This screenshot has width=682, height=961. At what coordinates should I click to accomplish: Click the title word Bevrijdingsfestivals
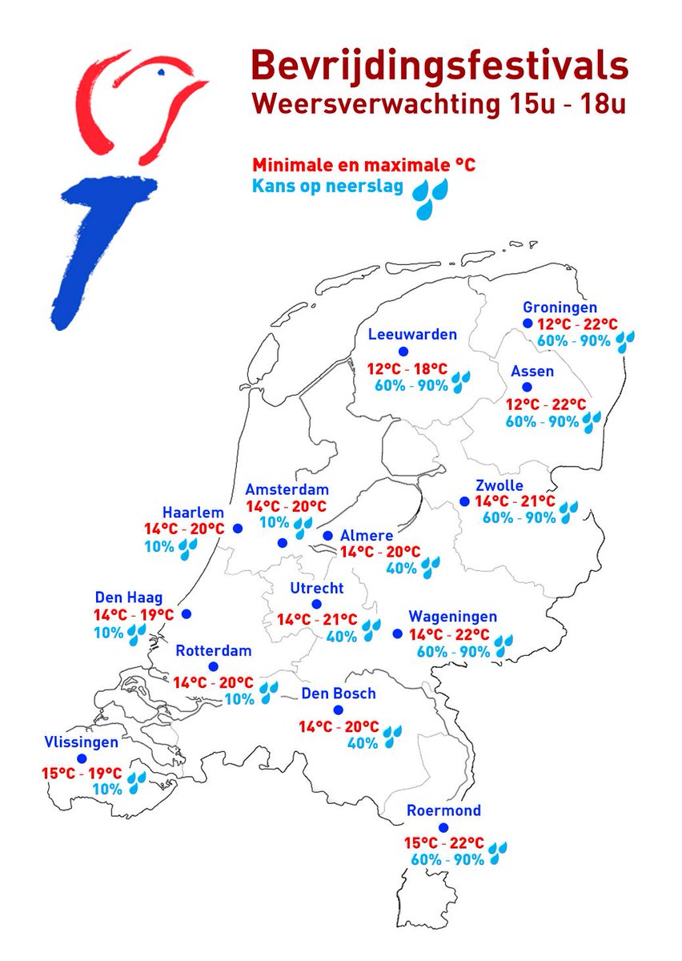tap(439, 66)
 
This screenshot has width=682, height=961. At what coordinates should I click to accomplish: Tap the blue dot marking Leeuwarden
tap(403, 352)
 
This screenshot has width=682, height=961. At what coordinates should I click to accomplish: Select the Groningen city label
tap(560, 308)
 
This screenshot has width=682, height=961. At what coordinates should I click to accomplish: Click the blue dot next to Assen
tap(527, 387)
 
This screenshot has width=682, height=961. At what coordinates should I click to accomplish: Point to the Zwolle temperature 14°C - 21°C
tap(516, 501)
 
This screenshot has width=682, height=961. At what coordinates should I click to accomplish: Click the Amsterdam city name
tap(287, 489)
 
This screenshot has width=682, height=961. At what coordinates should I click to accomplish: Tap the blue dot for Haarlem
tap(237, 528)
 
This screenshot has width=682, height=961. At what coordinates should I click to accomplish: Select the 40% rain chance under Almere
tap(402, 569)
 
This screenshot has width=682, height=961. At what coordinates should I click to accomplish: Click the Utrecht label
tap(317, 589)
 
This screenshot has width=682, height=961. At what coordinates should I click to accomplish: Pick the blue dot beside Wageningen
tap(397, 633)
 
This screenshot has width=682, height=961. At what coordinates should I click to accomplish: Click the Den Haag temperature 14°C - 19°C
tap(134, 615)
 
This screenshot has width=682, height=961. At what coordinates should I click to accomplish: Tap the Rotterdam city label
tap(214, 650)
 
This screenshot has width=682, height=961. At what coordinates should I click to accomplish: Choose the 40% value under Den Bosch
tap(363, 742)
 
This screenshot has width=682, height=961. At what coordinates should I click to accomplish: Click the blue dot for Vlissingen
tap(81, 758)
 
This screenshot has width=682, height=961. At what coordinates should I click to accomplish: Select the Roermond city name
tap(443, 810)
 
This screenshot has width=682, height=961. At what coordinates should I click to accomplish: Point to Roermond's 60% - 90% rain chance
tap(447, 859)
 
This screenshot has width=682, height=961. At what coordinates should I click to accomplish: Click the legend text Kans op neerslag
tap(327, 187)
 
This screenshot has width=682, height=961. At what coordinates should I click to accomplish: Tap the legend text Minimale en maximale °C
tap(364, 165)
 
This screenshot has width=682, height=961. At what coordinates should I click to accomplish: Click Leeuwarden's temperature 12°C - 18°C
tap(407, 369)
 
